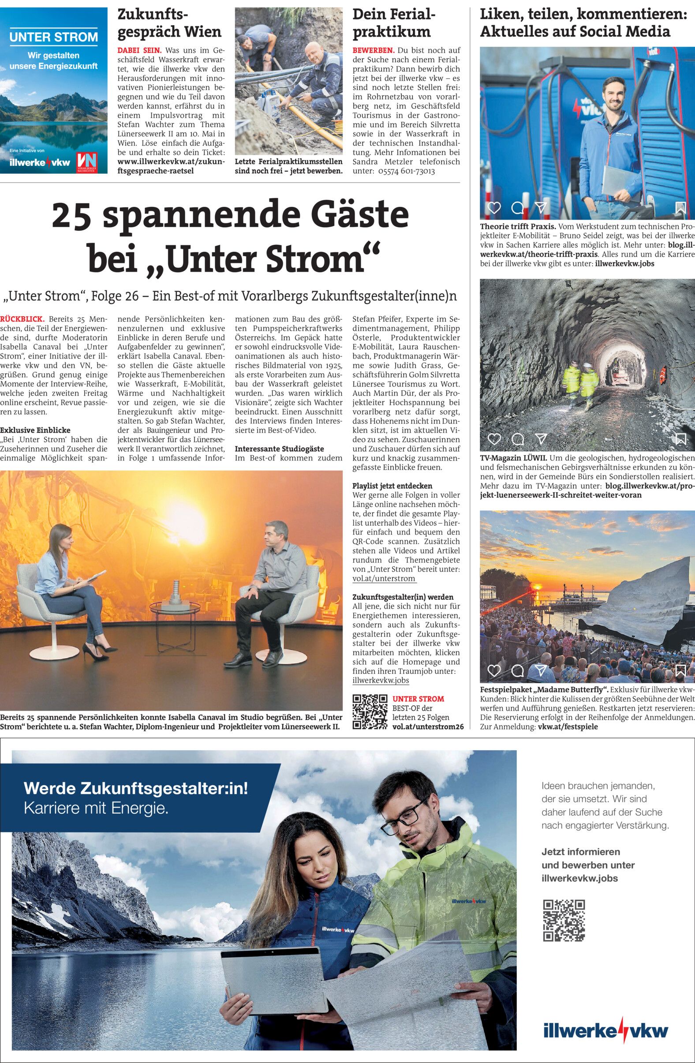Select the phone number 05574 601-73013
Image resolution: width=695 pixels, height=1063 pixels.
(x=406, y=171)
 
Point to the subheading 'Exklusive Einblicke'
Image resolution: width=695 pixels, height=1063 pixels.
(x=35, y=430)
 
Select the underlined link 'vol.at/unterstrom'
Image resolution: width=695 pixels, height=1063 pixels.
(x=384, y=579)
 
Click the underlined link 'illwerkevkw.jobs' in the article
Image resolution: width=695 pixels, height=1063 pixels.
(x=381, y=681)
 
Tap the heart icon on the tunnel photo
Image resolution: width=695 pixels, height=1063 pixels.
(x=494, y=439)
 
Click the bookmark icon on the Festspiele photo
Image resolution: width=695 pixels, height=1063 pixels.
(x=681, y=670)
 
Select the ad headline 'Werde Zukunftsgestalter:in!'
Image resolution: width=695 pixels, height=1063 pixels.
(x=135, y=788)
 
